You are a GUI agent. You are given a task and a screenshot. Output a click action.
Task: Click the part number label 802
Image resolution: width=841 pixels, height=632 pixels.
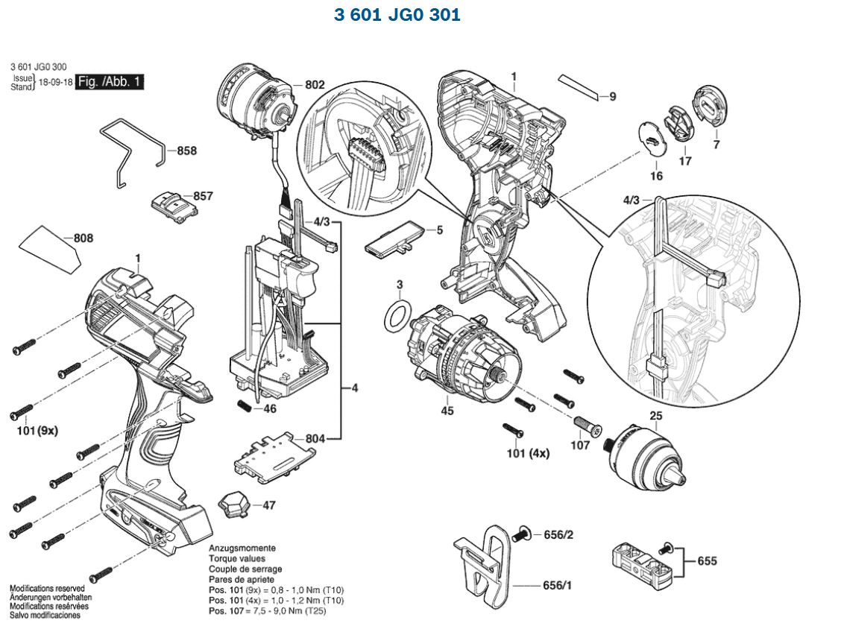[x=315, y=86]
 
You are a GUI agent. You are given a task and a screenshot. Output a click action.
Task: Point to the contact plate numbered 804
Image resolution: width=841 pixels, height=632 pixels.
[x=269, y=453]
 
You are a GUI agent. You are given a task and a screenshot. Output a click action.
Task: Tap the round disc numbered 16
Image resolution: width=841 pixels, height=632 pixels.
[x=653, y=139]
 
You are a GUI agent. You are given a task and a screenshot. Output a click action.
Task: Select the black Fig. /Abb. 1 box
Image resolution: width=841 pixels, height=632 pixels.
[x=110, y=82]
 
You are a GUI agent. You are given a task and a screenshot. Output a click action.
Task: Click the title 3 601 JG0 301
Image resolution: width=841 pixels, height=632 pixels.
[x=397, y=14]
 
